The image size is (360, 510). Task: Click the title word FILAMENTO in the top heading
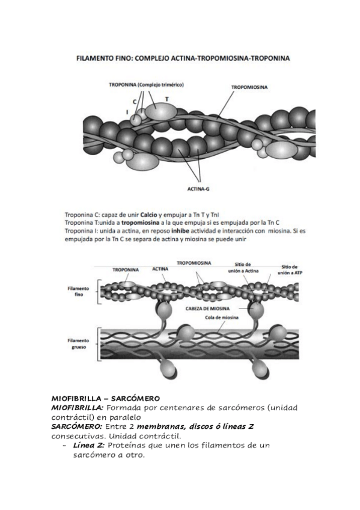(x=93, y=58)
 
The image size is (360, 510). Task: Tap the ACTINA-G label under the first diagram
(x=198, y=189)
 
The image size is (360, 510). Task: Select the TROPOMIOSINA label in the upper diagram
(x=249, y=87)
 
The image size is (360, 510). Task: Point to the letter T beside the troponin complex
(x=167, y=99)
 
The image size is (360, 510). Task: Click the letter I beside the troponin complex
(x=127, y=112)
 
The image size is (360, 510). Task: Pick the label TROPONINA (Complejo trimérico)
(x=146, y=85)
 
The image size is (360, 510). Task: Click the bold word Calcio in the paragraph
(x=149, y=215)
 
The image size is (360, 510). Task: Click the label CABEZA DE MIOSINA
(x=207, y=309)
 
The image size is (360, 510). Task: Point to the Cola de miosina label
(x=222, y=318)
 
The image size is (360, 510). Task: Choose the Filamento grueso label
(x=78, y=344)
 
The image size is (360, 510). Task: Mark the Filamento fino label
(x=78, y=292)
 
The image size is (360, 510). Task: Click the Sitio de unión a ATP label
(x=290, y=270)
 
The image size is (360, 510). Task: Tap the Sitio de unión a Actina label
(x=243, y=268)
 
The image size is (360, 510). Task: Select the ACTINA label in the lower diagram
(x=160, y=269)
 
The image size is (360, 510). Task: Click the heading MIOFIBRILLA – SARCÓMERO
(x=106, y=398)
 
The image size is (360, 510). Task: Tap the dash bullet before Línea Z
(x=64, y=445)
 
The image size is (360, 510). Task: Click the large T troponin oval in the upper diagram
(x=161, y=112)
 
